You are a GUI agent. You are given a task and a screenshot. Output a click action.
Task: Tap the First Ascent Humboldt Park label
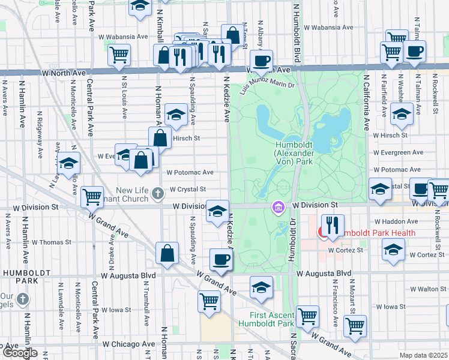[273, 320]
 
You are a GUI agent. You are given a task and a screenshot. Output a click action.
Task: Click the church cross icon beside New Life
[157, 193]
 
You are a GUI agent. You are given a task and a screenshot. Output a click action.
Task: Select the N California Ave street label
[365, 99]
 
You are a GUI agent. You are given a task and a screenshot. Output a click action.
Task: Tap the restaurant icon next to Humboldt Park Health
[332, 226]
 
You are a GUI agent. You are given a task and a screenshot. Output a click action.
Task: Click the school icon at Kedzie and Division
[217, 211]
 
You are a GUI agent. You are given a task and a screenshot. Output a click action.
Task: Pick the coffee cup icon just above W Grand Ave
[221, 259]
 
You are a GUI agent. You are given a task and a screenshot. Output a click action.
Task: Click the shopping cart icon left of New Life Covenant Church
[91, 195]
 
